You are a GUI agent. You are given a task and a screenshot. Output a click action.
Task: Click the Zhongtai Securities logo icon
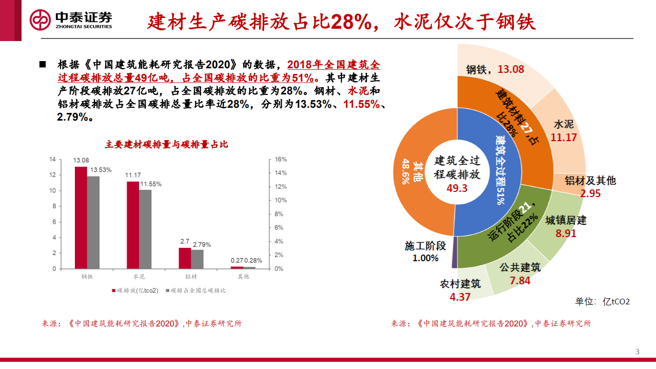(x=40, y=20)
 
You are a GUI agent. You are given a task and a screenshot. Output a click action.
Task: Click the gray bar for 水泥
(x=146, y=229)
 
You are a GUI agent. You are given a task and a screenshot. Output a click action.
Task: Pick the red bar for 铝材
(x=185, y=258)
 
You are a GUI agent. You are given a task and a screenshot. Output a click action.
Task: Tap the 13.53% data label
(x=101, y=170)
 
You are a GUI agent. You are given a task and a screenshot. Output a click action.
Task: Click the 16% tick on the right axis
(x=280, y=160)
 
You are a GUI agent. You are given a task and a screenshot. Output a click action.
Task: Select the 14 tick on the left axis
(x=52, y=160)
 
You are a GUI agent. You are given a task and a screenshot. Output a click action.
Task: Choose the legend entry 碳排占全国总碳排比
(x=198, y=290)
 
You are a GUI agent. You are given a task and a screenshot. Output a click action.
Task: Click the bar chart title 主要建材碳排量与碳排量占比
(x=166, y=145)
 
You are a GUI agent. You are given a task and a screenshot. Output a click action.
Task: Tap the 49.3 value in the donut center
(x=457, y=188)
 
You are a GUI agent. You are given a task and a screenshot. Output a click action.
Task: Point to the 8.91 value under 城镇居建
(x=566, y=234)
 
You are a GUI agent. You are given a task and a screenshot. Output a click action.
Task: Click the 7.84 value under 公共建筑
(x=520, y=280)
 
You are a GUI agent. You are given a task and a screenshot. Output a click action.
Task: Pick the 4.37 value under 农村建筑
(x=460, y=297)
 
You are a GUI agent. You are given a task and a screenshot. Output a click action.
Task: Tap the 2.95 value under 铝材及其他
(x=590, y=193)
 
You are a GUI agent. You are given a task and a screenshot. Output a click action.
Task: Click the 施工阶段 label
(x=425, y=246)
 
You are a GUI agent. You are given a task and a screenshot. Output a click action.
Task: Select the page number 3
(x=638, y=352)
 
